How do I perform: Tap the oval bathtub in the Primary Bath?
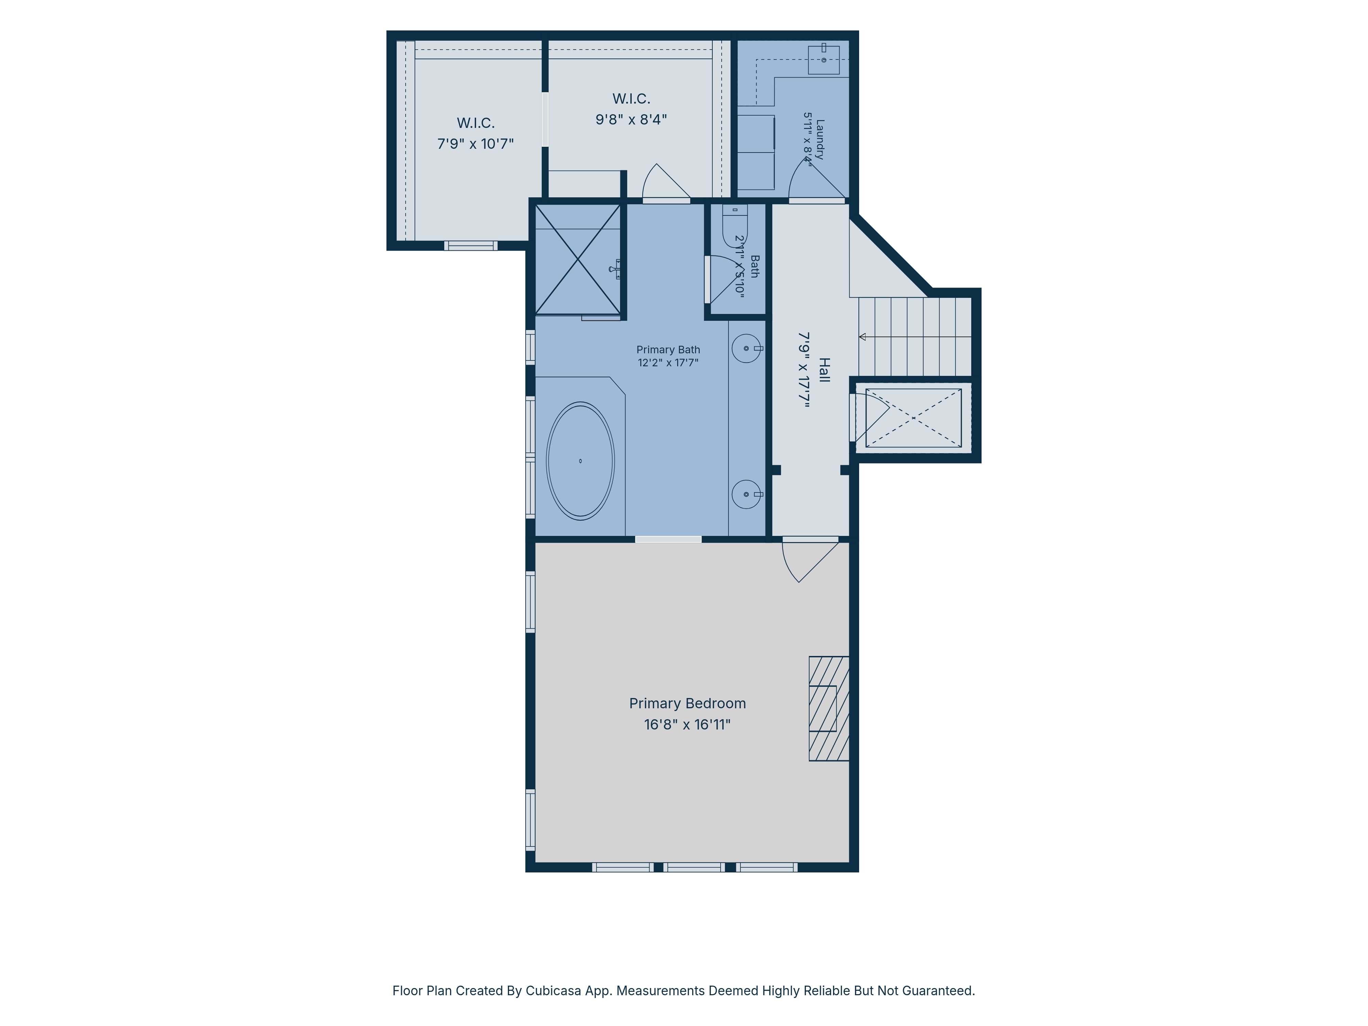click(580, 461)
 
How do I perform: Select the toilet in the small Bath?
click(735, 226)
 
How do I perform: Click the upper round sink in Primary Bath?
click(747, 348)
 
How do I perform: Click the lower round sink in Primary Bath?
click(747, 494)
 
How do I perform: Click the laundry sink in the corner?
click(824, 60)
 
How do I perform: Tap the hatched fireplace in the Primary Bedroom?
click(829, 708)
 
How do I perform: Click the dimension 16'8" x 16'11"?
click(687, 724)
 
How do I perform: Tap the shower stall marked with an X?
click(578, 260)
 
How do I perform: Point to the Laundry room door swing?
click(816, 179)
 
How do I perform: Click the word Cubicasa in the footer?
click(553, 991)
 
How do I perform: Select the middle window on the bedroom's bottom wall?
click(694, 867)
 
